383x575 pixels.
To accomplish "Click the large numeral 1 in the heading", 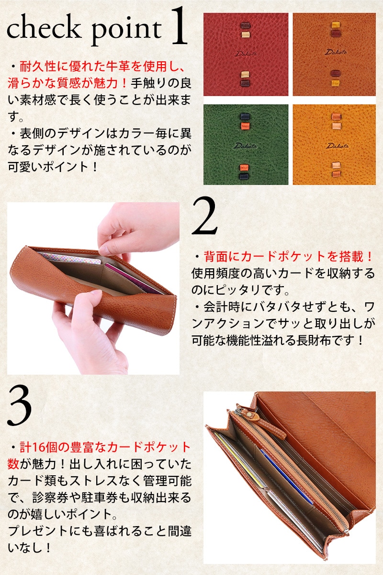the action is [179, 26].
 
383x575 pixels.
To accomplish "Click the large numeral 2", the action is [205, 216].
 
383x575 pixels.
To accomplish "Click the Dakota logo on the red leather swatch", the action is [245, 54].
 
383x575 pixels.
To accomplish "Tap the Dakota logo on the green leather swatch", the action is [245, 146].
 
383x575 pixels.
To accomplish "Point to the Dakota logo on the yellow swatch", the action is [337, 146].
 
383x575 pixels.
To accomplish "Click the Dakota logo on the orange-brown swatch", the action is [336, 52].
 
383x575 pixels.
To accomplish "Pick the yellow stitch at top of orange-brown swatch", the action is [336, 25].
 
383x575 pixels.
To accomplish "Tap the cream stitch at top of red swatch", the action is [246, 34].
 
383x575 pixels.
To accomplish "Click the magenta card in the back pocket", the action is [134, 278].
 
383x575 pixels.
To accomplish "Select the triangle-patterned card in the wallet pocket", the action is [70, 258].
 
